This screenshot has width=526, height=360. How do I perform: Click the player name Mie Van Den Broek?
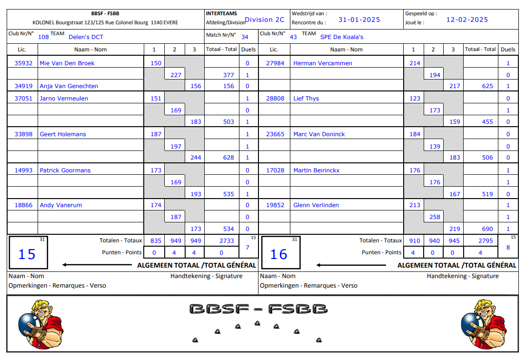[67, 63]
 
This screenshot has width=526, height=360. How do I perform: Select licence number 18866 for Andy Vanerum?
[24, 205]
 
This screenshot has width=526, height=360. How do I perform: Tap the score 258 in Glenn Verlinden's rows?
[435, 217]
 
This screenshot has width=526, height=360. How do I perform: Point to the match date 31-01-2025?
[359, 20]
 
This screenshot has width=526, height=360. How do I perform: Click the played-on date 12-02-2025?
[467, 20]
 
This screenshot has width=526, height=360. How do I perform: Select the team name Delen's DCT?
[86, 37]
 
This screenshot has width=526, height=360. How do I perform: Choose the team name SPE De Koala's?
[342, 37]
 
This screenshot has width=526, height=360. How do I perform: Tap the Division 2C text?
[265, 20]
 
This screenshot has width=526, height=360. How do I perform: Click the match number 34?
[245, 37]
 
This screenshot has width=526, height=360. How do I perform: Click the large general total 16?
[278, 254]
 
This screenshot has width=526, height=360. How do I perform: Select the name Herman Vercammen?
[323, 63]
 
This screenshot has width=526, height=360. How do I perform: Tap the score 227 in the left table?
[176, 75]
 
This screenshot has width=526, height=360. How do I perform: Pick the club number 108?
[43, 37]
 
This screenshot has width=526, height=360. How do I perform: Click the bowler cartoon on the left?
[40, 324]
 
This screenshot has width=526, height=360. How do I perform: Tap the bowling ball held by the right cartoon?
[471, 324]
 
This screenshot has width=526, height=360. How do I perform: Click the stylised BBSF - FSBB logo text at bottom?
[258, 309]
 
